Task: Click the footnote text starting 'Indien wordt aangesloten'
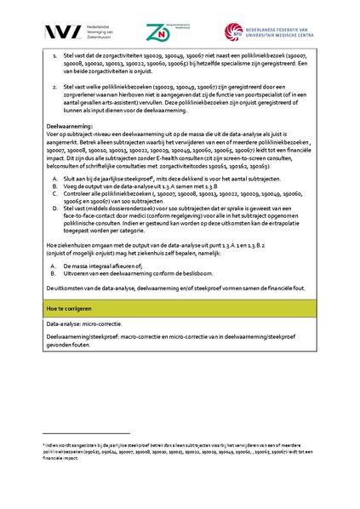[170, 446]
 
